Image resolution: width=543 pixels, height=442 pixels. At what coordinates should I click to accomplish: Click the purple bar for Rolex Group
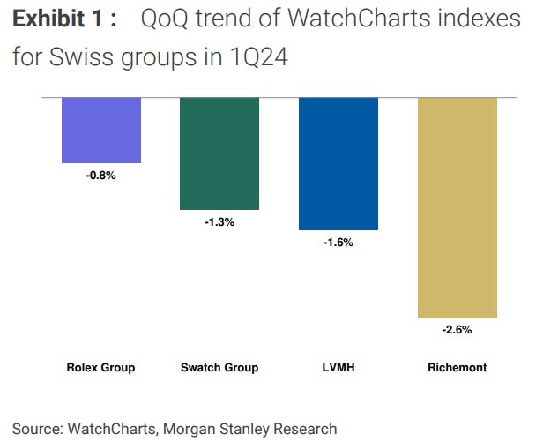(101, 130)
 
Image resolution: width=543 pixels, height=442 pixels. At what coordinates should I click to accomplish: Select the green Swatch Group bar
(219, 153)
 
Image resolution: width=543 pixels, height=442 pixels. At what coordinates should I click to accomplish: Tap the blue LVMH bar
(338, 163)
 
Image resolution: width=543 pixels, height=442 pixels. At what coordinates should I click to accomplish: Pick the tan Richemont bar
(457, 207)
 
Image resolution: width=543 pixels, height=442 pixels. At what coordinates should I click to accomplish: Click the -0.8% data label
(101, 175)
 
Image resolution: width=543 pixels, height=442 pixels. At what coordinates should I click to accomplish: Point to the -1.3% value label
(219, 222)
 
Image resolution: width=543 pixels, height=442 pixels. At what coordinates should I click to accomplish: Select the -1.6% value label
(338, 242)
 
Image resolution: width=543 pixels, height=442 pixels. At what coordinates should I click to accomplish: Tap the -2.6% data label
(457, 330)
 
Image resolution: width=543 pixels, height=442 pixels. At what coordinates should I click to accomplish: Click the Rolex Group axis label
(101, 367)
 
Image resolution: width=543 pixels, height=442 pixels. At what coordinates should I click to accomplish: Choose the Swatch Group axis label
(219, 367)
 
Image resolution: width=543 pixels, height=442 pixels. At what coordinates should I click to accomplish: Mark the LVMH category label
(338, 367)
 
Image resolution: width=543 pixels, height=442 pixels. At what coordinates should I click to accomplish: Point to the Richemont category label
(457, 367)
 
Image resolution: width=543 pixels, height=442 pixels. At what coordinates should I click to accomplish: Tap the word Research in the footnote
(305, 429)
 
